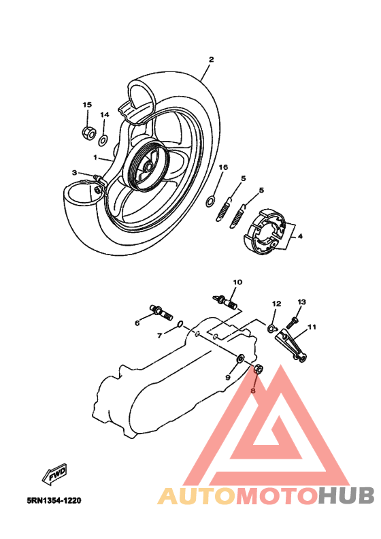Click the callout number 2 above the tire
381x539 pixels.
pyautogui.click(x=211, y=59)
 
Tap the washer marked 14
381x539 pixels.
pyautogui.click(x=103, y=141)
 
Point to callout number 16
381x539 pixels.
pyautogui.click(x=223, y=167)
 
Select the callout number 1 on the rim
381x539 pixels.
pyautogui.click(x=97, y=157)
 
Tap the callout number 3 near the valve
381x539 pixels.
pyautogui.click(x=77, y=174)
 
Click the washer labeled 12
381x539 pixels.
pyautogui.click(x=272, y=330)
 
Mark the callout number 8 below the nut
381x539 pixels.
pyautogui.click(x=252, y=391)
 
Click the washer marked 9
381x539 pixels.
pyautogui.click(x=240, y=357)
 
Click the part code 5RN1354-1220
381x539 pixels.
pyautogui.click(x=54, y=501)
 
